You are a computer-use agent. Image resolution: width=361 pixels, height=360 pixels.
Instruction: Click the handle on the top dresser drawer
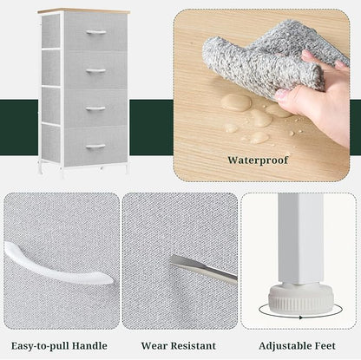click(96, 32)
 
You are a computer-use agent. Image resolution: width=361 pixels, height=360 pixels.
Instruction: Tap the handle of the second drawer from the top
click(96, 70)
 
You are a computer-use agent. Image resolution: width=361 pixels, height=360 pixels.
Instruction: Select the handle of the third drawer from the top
click(95, 108)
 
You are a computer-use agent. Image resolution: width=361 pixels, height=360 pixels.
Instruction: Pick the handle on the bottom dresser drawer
click(95, 147)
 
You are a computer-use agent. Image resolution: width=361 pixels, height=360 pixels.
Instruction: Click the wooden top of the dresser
click(83, 11)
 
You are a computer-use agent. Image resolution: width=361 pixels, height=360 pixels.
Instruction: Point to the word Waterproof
click(258, 160)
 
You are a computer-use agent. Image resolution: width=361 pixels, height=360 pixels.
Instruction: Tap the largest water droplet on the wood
click(236, 102)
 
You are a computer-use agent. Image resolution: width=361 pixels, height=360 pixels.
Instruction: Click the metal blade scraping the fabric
click(203, 268)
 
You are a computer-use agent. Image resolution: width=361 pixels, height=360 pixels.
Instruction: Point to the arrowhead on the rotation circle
click(301, 317)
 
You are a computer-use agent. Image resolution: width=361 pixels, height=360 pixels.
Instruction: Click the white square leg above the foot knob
click(301, 239)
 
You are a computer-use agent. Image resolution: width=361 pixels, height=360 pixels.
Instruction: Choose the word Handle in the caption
click(89, 346)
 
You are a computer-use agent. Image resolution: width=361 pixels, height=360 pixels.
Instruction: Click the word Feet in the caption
click(325, 346)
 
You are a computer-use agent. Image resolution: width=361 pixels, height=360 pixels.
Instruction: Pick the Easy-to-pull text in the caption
click(40, 346)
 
